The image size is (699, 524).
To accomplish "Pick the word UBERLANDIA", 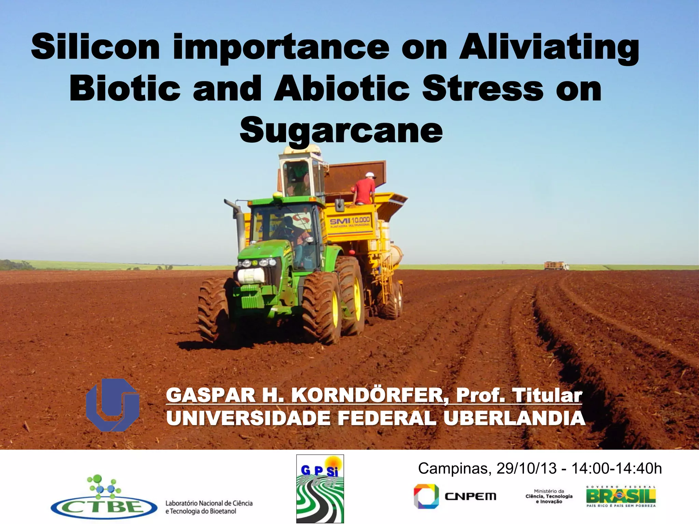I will [x=514, y=418].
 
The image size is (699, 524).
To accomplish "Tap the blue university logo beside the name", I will [x=113, y=405].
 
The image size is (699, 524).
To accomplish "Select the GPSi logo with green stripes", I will [x=320, y=489].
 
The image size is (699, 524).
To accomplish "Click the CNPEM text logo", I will [x=470, y=497].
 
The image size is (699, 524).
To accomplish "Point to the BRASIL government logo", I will [x=621, y=496].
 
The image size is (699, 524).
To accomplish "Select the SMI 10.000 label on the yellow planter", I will [x=349, y=222].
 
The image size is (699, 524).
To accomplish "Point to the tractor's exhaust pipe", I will [x=237, y=222].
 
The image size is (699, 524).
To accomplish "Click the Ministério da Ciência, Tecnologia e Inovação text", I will [x=549, y=496].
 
